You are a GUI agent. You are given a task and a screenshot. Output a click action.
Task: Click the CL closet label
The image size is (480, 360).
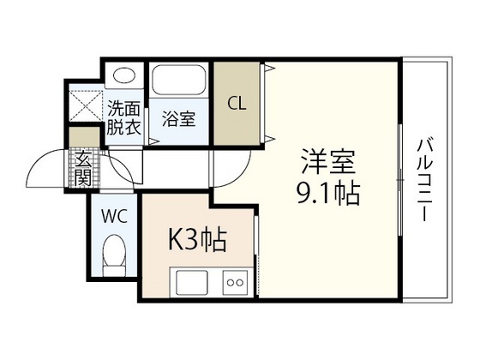click(237, 104)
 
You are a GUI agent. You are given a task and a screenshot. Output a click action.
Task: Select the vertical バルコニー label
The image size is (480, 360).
click(423, 181)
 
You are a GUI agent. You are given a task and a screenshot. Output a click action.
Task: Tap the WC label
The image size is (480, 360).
click(116, 215)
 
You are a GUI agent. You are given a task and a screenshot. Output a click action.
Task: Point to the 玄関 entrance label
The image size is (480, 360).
click(84, 167)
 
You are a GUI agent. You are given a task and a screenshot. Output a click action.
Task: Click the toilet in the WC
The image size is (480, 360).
click(114, 254)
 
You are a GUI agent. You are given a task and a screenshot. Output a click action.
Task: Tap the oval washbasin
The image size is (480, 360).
click(124, 77)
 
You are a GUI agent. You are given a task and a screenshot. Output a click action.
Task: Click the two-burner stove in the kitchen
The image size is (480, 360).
click(235, 280)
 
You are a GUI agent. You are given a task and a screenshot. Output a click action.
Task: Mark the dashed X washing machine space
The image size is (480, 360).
click(85, 105)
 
